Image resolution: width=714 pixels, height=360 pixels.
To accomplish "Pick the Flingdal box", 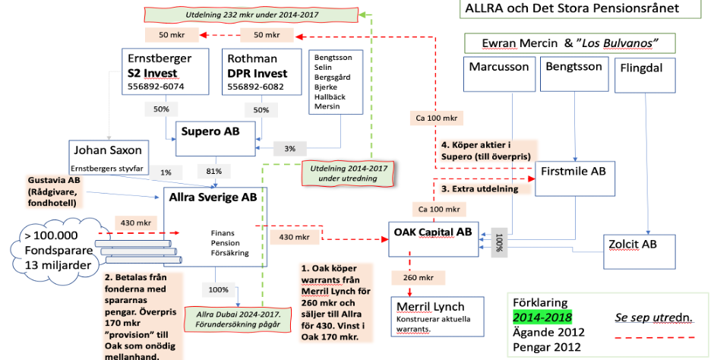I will coord(641,68).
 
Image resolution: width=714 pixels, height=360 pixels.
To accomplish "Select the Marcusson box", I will coord(499,67).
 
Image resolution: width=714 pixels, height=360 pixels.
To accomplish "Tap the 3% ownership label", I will coord(291,149).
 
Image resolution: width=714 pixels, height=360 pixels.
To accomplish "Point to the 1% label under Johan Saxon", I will coord(166,172).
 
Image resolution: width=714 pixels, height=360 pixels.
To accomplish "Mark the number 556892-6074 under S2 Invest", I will coord(156,87).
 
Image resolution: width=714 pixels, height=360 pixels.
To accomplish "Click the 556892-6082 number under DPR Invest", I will coord(256,87).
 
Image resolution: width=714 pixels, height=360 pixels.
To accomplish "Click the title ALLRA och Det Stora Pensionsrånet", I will coord(580,10).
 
